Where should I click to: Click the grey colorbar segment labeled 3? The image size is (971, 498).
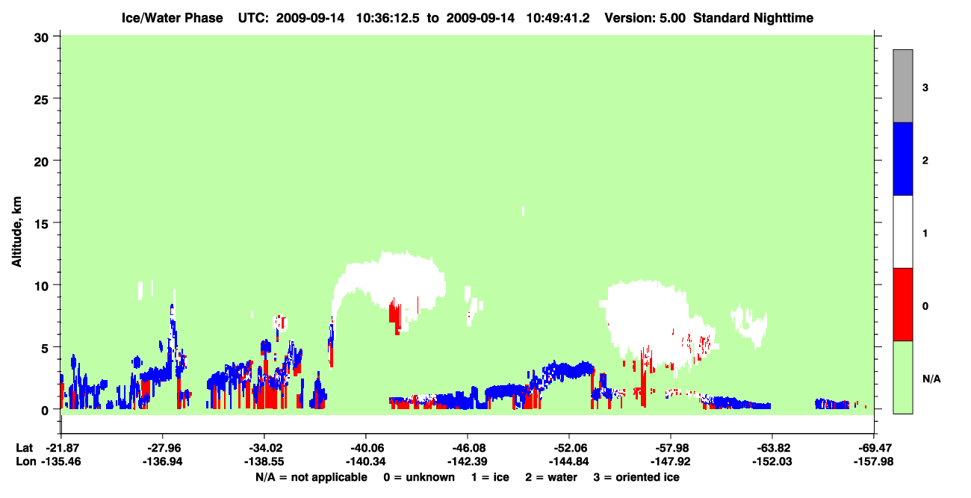coord(902,86)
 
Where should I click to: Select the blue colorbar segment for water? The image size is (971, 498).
coord(902,158)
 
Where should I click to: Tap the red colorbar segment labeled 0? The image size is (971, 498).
coord(902,305)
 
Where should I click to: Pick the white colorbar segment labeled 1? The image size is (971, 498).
coord(902,232)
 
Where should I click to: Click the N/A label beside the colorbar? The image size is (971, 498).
coord(931,379)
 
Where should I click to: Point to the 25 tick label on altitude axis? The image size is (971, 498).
coord(41,100)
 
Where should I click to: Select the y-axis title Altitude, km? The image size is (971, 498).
coord(16,232)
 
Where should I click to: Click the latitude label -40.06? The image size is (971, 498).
coord(365,448)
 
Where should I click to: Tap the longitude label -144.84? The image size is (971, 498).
coord(568,461)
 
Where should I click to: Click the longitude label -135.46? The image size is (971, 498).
coord(61,461)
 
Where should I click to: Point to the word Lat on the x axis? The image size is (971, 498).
coord(24,448)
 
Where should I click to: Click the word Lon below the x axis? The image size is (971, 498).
coord(26,461)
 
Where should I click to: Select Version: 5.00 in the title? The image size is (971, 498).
coord(645,18)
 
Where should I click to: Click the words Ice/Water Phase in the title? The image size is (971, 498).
coord(172,18)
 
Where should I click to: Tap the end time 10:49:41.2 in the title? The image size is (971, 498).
coord(558,18)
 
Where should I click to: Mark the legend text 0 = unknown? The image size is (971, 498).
coord(419,477)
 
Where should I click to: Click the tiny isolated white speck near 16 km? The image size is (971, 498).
coord(523,211)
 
